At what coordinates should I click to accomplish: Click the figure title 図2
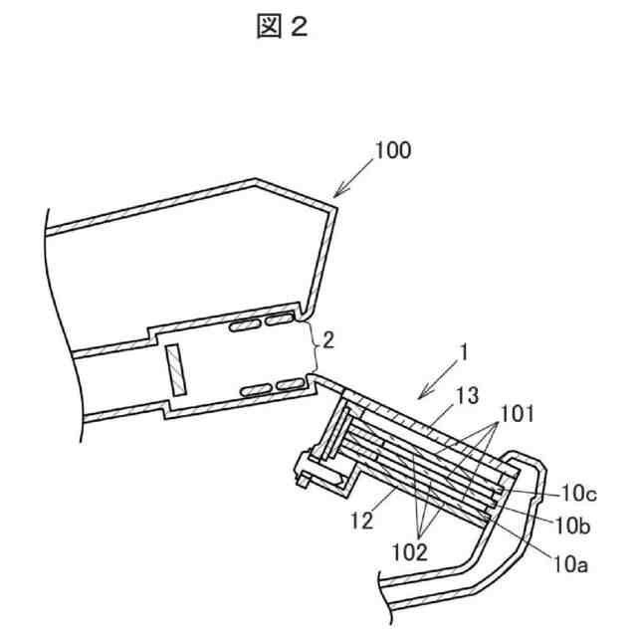282,27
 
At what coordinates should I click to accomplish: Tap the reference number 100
392,151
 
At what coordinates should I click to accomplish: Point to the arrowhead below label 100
336,195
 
